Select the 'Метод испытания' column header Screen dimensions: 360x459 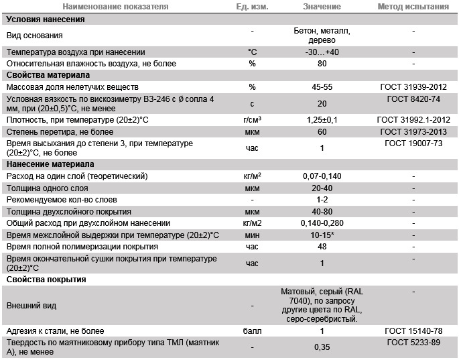(x=413, y=7)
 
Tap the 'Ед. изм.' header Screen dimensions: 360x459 (x=253, y=7)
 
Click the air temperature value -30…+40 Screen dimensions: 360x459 (x=322, y=52)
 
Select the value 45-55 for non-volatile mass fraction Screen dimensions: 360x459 (x=322, y=87)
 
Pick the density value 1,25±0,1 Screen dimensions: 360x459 (x=322, y=119)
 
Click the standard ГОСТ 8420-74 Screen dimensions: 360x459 (x=413, y=99)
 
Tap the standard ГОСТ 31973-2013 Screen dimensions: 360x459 (x=413, y=131)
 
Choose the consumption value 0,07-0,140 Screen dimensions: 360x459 (x=322, y=176)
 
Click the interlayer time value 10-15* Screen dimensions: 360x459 (x=322, y=235)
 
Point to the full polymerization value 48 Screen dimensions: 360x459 (x=322, y=247)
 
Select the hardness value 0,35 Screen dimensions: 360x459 (x=322, y=347)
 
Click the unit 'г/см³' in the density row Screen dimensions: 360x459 (x=253, y=119)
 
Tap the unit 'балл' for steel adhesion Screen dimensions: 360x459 (x=253, y=331)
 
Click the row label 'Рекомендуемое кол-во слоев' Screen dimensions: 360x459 (x=61, y=199)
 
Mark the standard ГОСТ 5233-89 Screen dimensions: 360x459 (x=413, y=343)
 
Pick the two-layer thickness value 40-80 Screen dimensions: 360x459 (x=322, y=211)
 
